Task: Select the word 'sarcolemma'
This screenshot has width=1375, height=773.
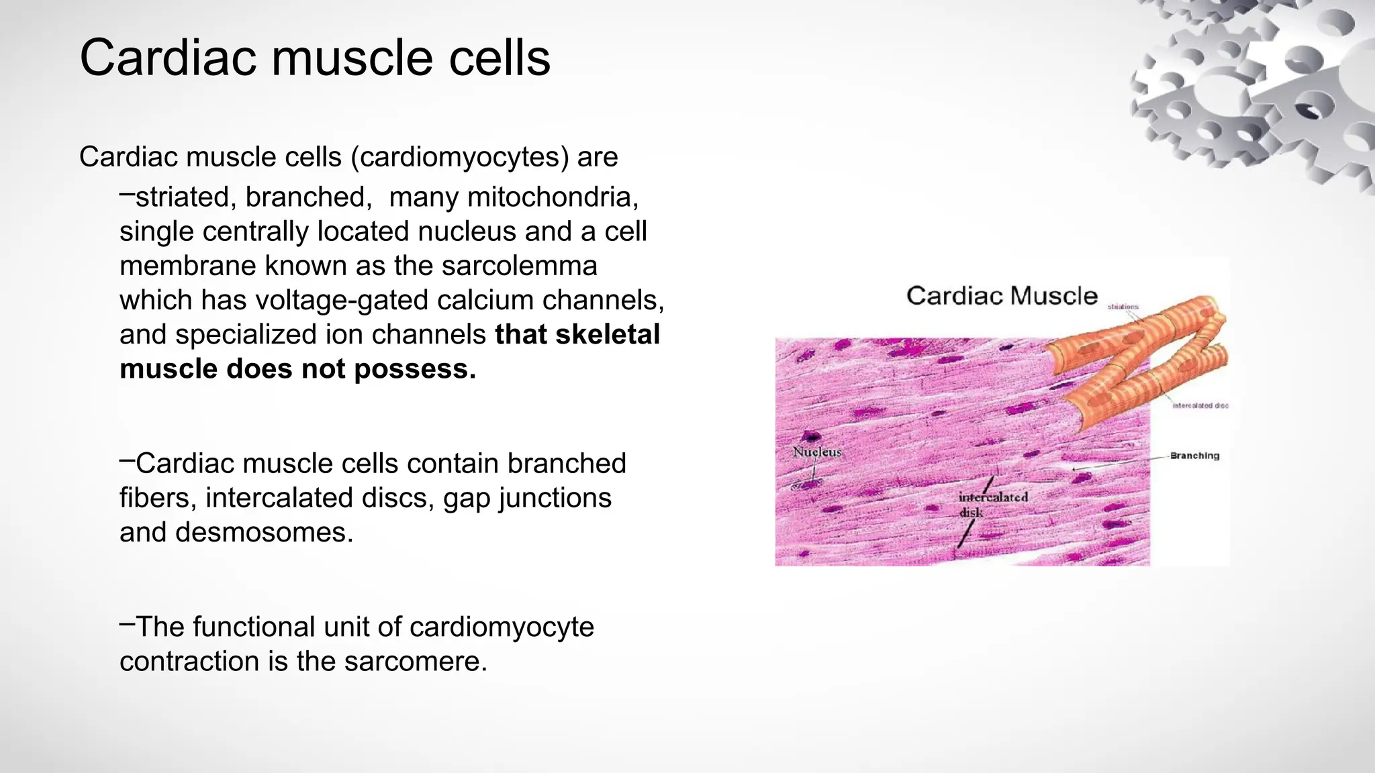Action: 519,266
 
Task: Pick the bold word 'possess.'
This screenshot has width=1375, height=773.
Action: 414,369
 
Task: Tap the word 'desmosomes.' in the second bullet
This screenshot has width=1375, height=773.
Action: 264,532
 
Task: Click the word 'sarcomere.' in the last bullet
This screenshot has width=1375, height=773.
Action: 415,662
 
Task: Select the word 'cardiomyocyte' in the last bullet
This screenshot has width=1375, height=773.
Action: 501,627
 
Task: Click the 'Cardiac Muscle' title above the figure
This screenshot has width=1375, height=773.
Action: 1001,296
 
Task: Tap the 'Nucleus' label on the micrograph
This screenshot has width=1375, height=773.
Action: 816,452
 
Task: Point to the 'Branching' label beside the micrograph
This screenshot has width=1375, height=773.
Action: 1194,456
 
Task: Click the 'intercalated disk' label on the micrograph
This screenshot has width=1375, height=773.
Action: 992,504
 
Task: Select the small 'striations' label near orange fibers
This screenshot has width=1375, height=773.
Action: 1123,307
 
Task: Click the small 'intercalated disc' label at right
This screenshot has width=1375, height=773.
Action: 1200,405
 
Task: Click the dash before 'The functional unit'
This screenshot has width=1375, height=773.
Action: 127,624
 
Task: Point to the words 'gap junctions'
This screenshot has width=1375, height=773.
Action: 527,498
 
